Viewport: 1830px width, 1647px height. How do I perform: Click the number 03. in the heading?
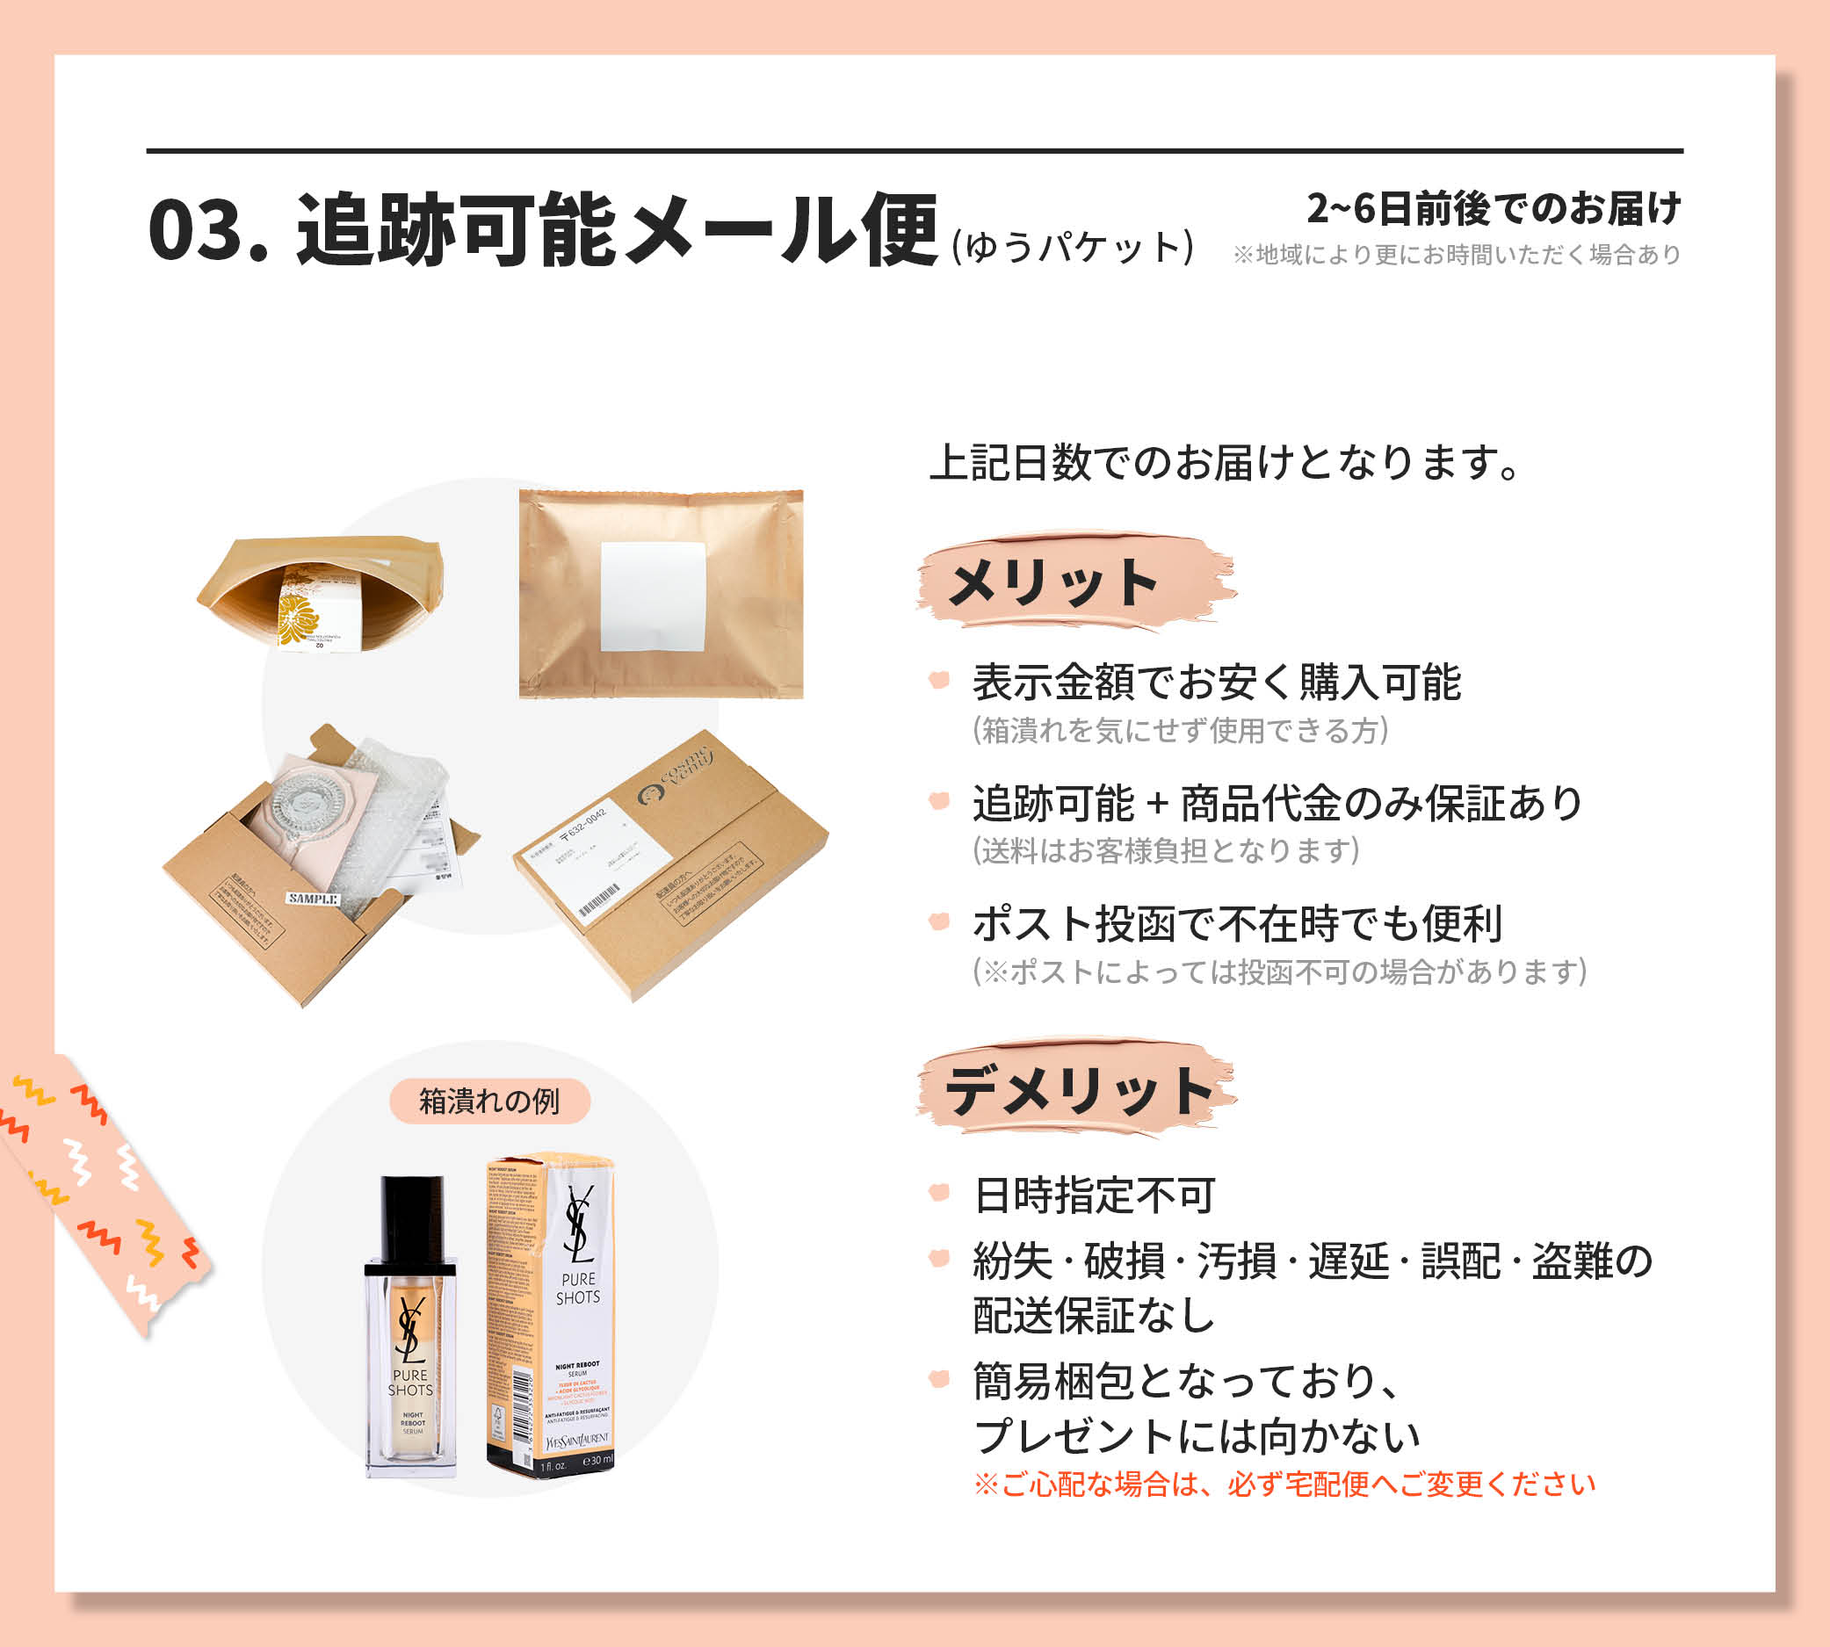207,232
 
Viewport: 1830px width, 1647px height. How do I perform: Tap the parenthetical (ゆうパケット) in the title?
1073,247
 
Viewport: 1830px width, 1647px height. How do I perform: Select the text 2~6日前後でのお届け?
1494,209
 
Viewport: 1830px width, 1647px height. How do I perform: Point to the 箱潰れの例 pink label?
489,1101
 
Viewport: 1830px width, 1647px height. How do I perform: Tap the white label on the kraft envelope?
653,597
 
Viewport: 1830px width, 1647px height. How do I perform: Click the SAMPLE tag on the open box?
313,899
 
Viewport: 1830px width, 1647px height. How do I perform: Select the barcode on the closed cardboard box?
599,899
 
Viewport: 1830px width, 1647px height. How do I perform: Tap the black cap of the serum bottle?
412,1217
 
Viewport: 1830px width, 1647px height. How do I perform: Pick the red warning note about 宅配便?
1284,1485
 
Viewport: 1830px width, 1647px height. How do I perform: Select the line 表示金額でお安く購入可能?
1217,683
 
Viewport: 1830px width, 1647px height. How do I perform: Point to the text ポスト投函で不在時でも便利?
1237,923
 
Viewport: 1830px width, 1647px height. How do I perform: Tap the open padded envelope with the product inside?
322,593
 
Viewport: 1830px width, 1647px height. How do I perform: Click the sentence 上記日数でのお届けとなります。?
1227,462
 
